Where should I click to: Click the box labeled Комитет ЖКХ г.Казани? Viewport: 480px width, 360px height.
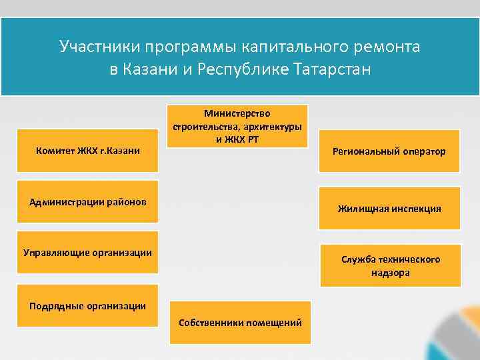(x=87, y=151)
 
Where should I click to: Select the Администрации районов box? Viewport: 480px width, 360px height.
(x=87, y=201)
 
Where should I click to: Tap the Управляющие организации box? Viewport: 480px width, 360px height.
(x=87, y=252)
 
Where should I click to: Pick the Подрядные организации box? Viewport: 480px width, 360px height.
(x=87, y=306)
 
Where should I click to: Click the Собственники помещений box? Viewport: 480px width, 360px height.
(x=240, y=323)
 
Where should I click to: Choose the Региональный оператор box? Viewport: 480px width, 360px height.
(x=389, y=151)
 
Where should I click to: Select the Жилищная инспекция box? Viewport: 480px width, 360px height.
(x=389, y=209)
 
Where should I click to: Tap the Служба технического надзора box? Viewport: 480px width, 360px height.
(x=390, y=265)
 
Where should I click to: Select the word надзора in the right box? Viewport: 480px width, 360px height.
(x=391, y=272)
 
